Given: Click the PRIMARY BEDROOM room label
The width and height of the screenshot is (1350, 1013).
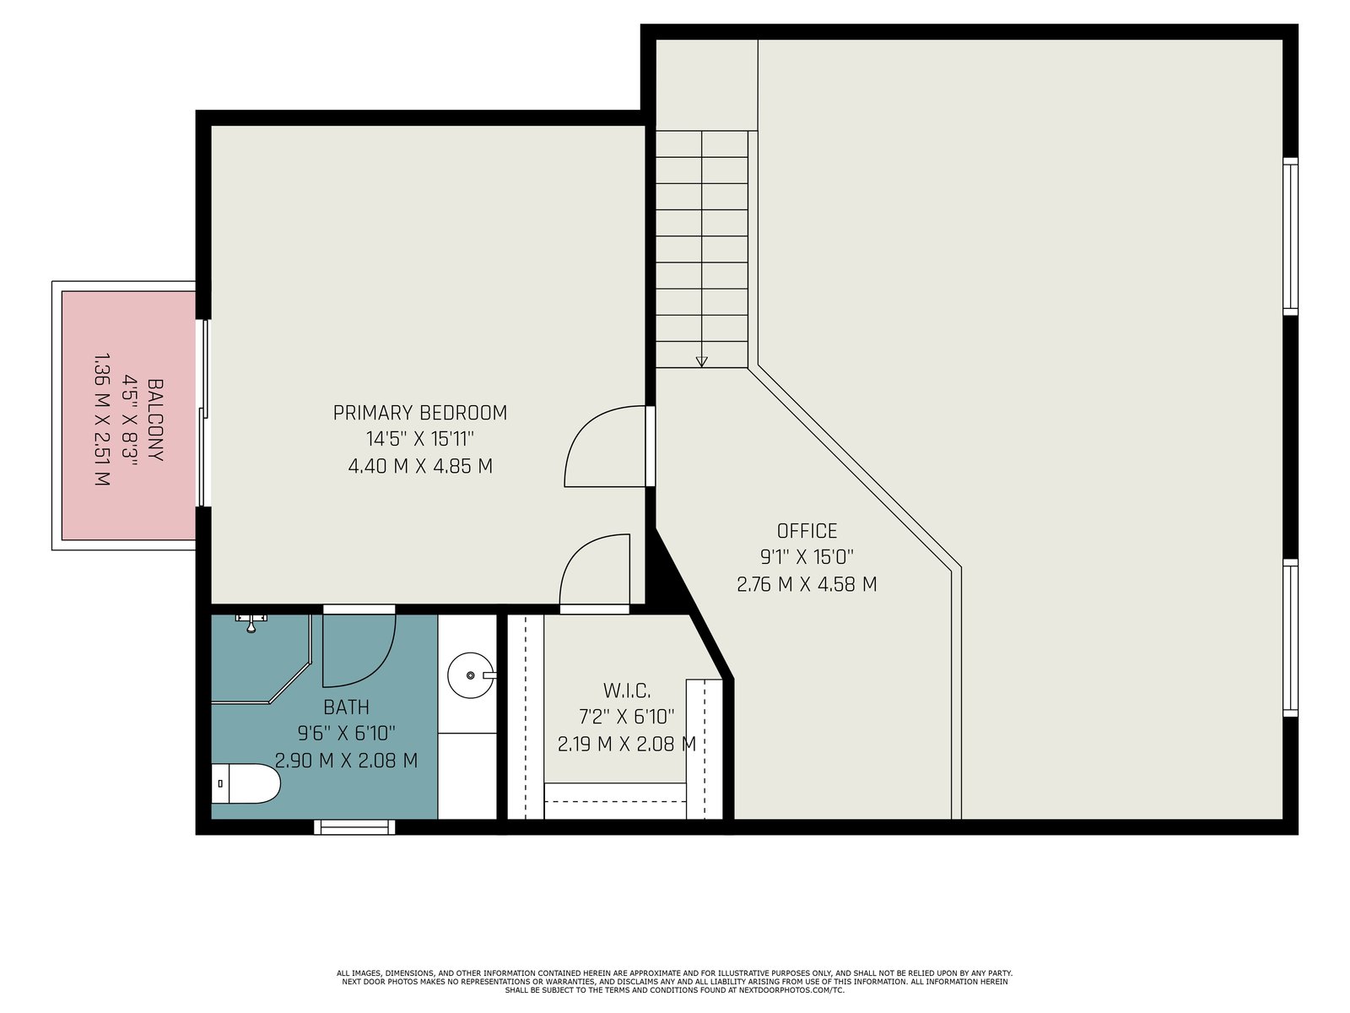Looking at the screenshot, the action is tap(420, 413).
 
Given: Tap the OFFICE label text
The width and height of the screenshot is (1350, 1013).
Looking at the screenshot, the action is tap(807, 531).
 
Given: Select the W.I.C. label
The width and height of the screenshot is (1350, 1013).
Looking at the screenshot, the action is tap(627, 691).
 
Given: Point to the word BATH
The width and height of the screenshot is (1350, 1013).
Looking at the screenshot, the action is tap(346, 707).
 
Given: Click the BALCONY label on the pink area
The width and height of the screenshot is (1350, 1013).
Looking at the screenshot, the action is tap(155, 420).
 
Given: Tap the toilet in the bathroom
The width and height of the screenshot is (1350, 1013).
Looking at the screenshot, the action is tap(246, 783).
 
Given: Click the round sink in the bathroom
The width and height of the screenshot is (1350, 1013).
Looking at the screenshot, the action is tap(471, 675).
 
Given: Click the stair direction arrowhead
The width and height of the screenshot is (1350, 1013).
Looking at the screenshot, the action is tap(701, 361).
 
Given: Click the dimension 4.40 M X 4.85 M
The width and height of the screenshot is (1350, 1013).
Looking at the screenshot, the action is tap(420, 466).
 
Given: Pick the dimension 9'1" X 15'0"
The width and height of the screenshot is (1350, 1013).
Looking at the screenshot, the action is tap(807, 557).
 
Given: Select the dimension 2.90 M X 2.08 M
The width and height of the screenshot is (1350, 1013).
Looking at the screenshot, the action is tap(346, 761).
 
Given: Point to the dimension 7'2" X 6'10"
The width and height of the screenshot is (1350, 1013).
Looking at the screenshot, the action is tap(627, 718).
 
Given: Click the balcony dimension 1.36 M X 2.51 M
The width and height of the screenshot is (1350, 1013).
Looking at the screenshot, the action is tap(102, 420).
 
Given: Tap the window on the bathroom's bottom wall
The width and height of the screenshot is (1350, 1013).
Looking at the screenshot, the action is tap(355, 826).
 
